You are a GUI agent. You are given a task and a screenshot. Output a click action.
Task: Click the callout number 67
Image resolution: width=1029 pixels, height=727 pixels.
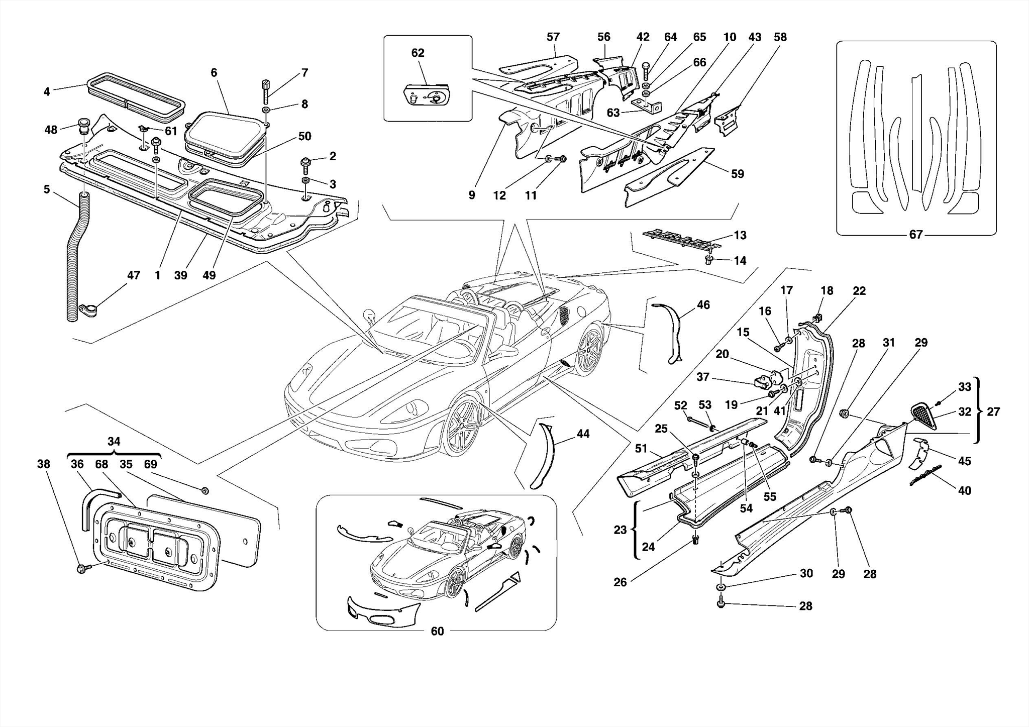(x=915, y=235)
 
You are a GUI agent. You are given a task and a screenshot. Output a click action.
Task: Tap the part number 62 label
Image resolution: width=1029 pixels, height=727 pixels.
(x=418, y=53)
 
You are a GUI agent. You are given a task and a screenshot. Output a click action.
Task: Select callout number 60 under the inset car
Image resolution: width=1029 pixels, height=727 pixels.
(x=437, y=632)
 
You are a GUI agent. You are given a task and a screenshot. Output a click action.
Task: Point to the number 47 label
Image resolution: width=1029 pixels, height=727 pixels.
(x=133, y=275)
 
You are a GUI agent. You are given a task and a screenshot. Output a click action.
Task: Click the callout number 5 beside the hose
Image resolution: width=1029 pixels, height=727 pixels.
(x=47, y=189)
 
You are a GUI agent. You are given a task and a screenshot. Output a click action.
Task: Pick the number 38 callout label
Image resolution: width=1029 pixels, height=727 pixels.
(x=44, y=464)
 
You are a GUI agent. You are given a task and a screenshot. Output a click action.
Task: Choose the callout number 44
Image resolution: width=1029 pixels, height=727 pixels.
(x=583, y=434)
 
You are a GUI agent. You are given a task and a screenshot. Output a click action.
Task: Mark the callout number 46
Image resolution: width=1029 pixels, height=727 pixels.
(x=703, y=304)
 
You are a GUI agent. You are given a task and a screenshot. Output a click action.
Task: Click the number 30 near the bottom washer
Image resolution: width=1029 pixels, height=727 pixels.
(x=806, y=573)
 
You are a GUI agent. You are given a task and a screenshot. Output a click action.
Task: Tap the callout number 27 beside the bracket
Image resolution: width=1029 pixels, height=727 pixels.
(x=993, y=411)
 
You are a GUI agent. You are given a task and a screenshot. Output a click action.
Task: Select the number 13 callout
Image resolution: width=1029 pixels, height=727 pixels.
(x=740, y=235)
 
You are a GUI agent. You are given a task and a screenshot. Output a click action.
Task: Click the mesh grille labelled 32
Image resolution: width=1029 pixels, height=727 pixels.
(x=924, y=417)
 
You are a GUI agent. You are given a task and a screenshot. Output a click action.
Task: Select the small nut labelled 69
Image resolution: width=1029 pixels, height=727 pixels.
(x=205, y=490)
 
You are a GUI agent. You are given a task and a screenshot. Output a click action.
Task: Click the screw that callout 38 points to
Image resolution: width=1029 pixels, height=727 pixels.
(x=82, y=569)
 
